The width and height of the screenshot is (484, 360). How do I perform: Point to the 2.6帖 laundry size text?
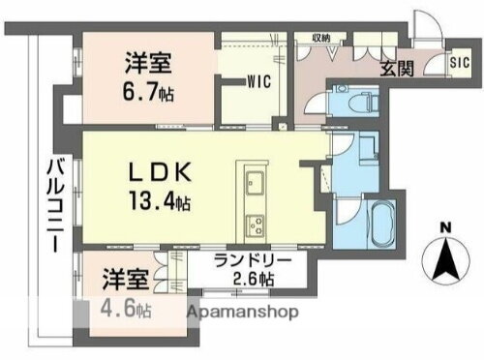[x=252, y=281]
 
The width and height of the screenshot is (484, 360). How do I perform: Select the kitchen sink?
[x=256, y=182]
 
